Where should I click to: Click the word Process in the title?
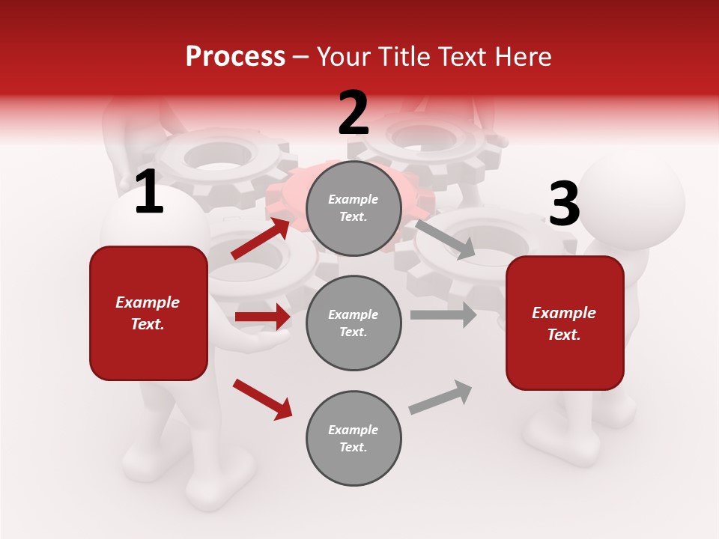pyautogui.click(x=235, y=57)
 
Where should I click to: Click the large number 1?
pyautogui.click(x=149, y=192)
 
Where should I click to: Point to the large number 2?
pyautogui.click(x=354, y=113)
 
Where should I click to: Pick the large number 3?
pyautogui.click(x=564, y=205)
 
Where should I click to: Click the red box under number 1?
pyautogui.click(x=148, y=313)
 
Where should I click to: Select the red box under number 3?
pyautogui.click(x=565, y=323)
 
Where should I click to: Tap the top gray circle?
pyautogui.click(x=354, y=208)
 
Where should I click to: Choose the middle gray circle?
pyautogui.click(x=354, y=323)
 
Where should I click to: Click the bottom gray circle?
pyautogui.click(x=354, y=438)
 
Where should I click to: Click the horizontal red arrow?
pyautogui.click(x=262, y=317)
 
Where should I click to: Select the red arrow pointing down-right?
pyautogui.click(x=262, y=398)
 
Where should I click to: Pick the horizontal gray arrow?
pyautogui.click(x=443, y=315)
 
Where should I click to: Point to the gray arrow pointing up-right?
pyautogui.click(x=440, y=397)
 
